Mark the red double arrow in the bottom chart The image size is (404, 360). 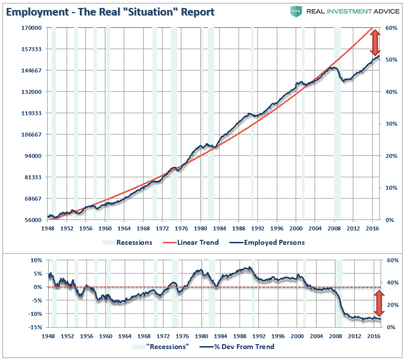pos(379,303)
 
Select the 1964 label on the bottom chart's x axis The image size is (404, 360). pos(125,336)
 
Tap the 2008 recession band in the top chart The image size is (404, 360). pos(337,124)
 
